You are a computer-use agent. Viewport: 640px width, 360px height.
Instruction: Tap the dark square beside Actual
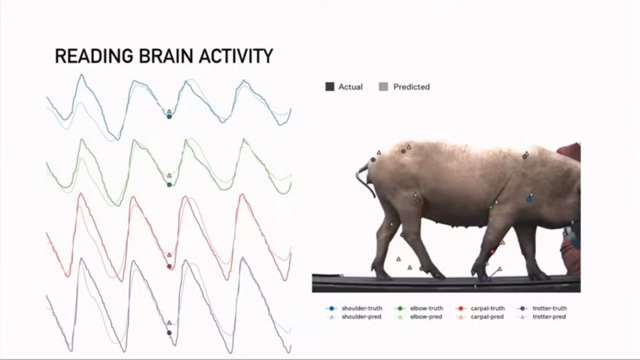[329, 87]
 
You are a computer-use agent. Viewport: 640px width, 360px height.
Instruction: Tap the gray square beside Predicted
[384, 87]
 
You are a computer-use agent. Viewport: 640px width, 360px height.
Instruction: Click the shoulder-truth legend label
[362, 308]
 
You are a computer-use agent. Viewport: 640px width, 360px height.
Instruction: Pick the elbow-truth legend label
[427, 308]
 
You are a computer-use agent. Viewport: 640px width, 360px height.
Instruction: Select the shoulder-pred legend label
[361, 317]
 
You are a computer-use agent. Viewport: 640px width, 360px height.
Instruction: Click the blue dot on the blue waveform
[169, 116]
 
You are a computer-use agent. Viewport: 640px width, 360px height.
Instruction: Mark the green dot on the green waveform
[169, 185]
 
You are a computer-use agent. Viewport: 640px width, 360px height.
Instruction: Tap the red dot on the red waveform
[169, 266]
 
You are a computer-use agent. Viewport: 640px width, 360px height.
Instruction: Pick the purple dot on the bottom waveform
[169, 333]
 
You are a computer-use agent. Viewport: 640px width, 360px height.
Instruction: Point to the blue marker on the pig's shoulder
[528, 199]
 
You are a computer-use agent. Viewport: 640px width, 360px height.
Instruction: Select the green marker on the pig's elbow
[490, 207]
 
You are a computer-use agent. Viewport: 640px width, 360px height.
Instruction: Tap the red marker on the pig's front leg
[491, 252]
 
